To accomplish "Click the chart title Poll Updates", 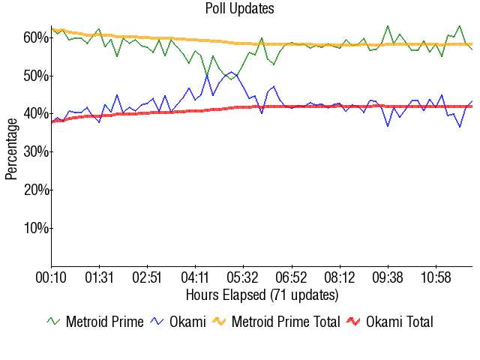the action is click(x=240, y=8).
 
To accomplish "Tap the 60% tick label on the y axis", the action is click(x=36, y=37).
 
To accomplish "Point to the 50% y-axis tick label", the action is click(x=36, y=76).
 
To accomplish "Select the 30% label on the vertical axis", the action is click(x=36, y=151).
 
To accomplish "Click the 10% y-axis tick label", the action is click(x=36, y=228).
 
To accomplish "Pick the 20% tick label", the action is click(x=36, y=190).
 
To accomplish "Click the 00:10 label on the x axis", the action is click(x=51, y=277).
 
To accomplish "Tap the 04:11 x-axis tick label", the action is click(x=195, y=277).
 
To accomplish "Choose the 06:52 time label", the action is click(x=291, y=277).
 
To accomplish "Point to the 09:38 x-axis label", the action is click(x=388, y=277).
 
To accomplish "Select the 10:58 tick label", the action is click(x=436, y=277).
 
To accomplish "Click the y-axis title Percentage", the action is click(x=11, y=149).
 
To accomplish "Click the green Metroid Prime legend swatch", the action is click(x=53, y=322).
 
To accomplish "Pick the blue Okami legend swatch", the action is click(x=157, y=322).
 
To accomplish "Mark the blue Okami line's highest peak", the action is click(x=232, y=72).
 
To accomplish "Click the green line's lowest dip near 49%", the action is click(x=232, y=79).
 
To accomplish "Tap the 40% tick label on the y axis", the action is click(x=36, y=114).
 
